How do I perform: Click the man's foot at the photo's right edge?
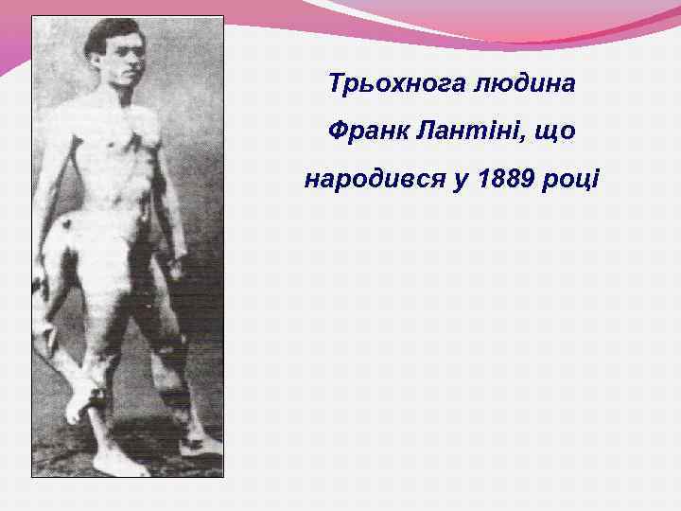point(203,445)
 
